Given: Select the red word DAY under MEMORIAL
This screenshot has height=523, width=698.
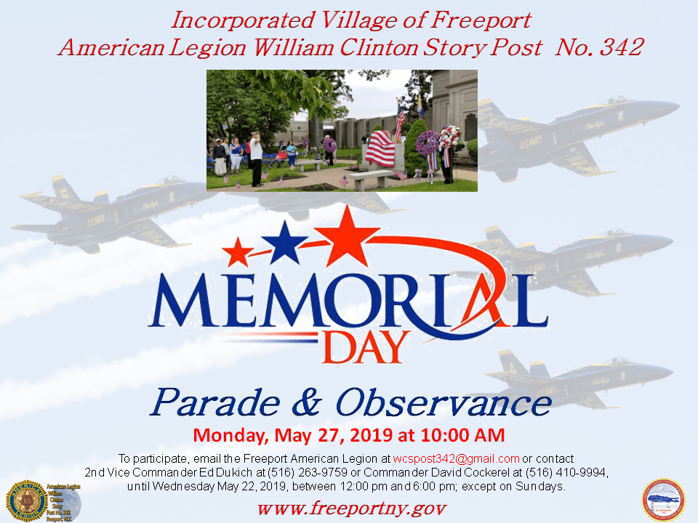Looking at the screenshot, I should (364, 348).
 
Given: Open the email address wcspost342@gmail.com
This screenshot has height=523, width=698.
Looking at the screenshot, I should (456, 459).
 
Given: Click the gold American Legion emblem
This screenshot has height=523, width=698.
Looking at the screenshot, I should (27, 500).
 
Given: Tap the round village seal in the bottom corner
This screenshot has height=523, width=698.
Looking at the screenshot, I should (663, 500).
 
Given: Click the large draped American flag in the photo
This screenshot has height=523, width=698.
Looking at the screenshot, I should (380, 147).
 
